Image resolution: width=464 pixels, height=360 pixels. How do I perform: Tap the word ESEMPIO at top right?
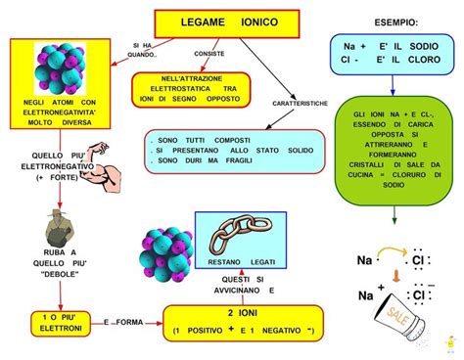pyautogui.click(x=394, y=22)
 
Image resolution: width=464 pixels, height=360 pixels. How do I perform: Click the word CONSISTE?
pyautogui.click(x=209, y=53)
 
